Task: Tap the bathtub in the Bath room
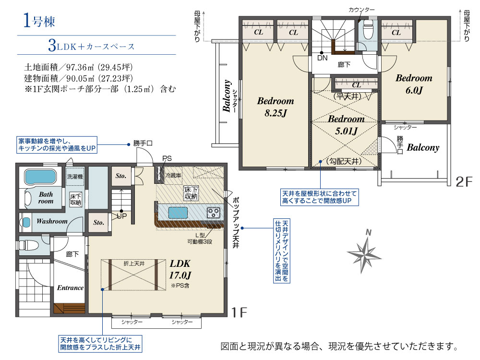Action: click(41, 177)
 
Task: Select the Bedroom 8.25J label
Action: click(276, 107)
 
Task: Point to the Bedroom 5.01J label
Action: click(346, 125)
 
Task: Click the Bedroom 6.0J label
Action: click(414, 84)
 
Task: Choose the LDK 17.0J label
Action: click(180, 269)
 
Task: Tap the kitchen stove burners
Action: click(214, 213)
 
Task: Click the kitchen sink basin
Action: click(178, 213)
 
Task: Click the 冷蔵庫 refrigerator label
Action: click(173, 175)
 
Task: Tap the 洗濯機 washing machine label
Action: click(75, 177)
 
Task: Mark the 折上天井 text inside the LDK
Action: click(134, 263)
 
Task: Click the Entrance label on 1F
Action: click(71, 288)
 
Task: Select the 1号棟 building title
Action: click(39, 21)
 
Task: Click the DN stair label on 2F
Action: click(322, 58)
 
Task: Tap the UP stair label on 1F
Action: click(122, 216)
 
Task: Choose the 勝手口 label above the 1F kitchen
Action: click(143, 143)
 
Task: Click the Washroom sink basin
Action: click(26, 222)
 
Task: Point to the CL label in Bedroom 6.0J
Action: click(396, 33)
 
